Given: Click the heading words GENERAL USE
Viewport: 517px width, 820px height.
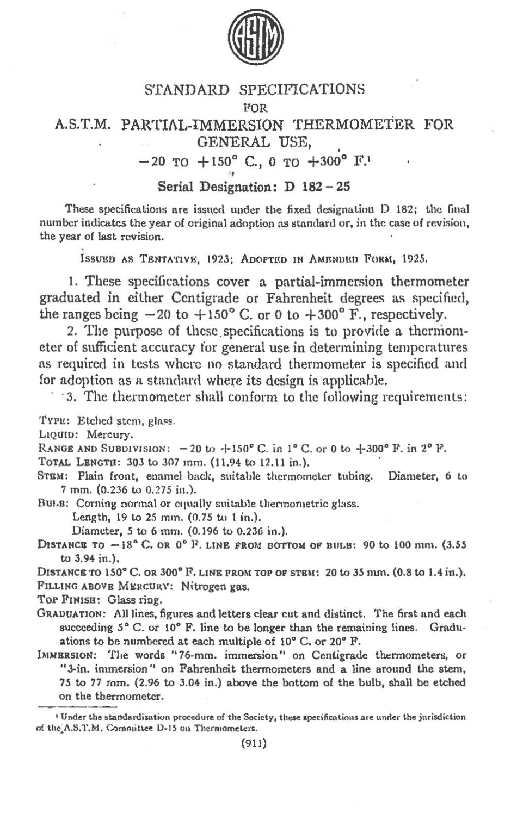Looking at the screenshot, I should click(252, 142).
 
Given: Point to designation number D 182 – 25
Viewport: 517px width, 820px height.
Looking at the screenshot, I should click(314, 187).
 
